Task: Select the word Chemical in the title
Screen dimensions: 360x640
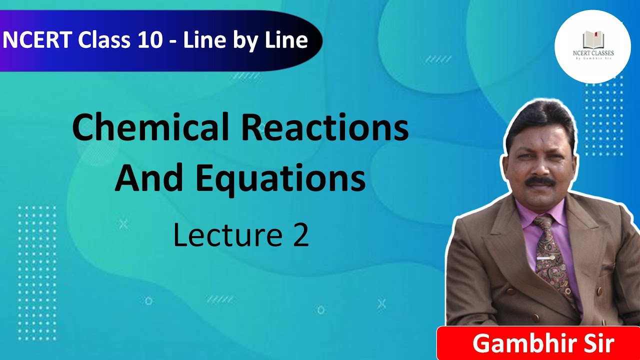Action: click(151, 128)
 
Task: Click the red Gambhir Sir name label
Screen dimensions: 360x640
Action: click(538, 343)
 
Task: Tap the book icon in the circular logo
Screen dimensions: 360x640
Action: click(592, 39)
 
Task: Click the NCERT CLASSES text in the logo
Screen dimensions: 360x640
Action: click(592, 52)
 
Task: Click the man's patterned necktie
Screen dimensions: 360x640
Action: click(550, 255)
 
